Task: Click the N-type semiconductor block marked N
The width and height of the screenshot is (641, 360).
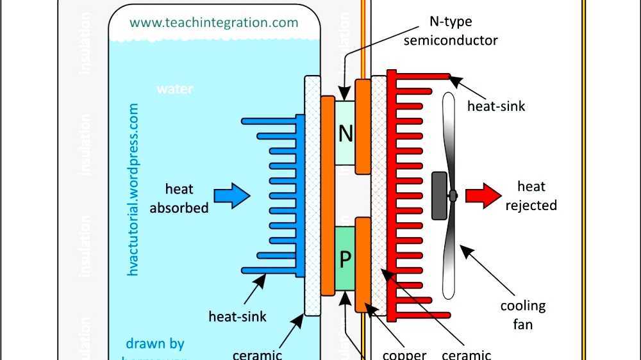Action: pyautogui.click(x=345, y=133)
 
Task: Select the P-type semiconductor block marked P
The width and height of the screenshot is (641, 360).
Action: pyautogui.click(x=345, y=259)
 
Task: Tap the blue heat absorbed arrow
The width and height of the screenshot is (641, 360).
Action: pyautogui.click(x=231, y=195)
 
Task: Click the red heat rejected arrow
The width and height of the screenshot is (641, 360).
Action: pyautogui.click(x=482, y=195)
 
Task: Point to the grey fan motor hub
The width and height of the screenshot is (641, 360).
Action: pyautogui.click(x=440, y=195)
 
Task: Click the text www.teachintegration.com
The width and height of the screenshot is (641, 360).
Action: pyautogui.click(x=214, y=22)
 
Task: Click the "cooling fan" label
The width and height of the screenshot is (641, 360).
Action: pyautogui.click(x=523, y=315)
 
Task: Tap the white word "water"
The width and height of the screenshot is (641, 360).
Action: pyautogui.click(x=175, y=89)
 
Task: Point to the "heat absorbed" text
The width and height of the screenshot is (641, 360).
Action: pyautogui.click(x=179, y=198)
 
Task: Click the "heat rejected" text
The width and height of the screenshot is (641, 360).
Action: pyautogui.click(x=531, y=196)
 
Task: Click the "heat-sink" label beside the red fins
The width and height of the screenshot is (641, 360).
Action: pyautogui.click(x=496, y=106)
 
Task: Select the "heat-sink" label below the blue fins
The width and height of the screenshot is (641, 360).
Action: pyautogui.click(x=238, y=316)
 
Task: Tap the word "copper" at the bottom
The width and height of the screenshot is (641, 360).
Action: pyautogui.click(x=404, y=354)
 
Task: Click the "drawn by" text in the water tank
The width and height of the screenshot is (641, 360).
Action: pyautogui.click(x=155, y=343)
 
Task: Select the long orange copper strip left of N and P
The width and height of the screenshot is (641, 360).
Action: pyautogui.click(x=327, y=196)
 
